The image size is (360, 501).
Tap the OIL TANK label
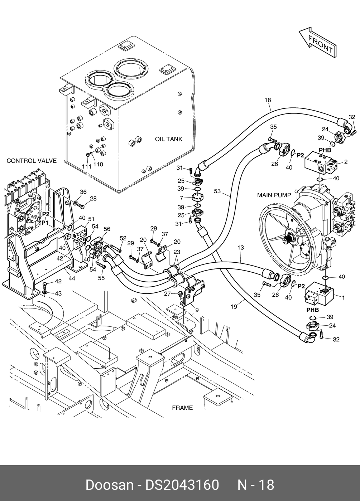(168, 139)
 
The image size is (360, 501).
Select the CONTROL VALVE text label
(32, 161)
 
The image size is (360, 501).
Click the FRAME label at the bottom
(182, 408)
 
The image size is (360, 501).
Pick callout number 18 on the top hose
(268, 100)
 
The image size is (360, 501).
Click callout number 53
(217, 191)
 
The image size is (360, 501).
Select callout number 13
(240, 248)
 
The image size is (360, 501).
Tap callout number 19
(234, 306)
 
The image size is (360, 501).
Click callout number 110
(98, 164)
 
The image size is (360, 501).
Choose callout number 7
(182, 198)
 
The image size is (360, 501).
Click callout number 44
(72, 278)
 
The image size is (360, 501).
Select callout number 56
(107, 229)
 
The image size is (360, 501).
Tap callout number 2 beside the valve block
(346, 162)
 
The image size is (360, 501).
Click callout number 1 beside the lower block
(344, 297)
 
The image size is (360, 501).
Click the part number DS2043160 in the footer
(182, 485)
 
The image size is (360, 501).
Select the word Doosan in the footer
(109, 485)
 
